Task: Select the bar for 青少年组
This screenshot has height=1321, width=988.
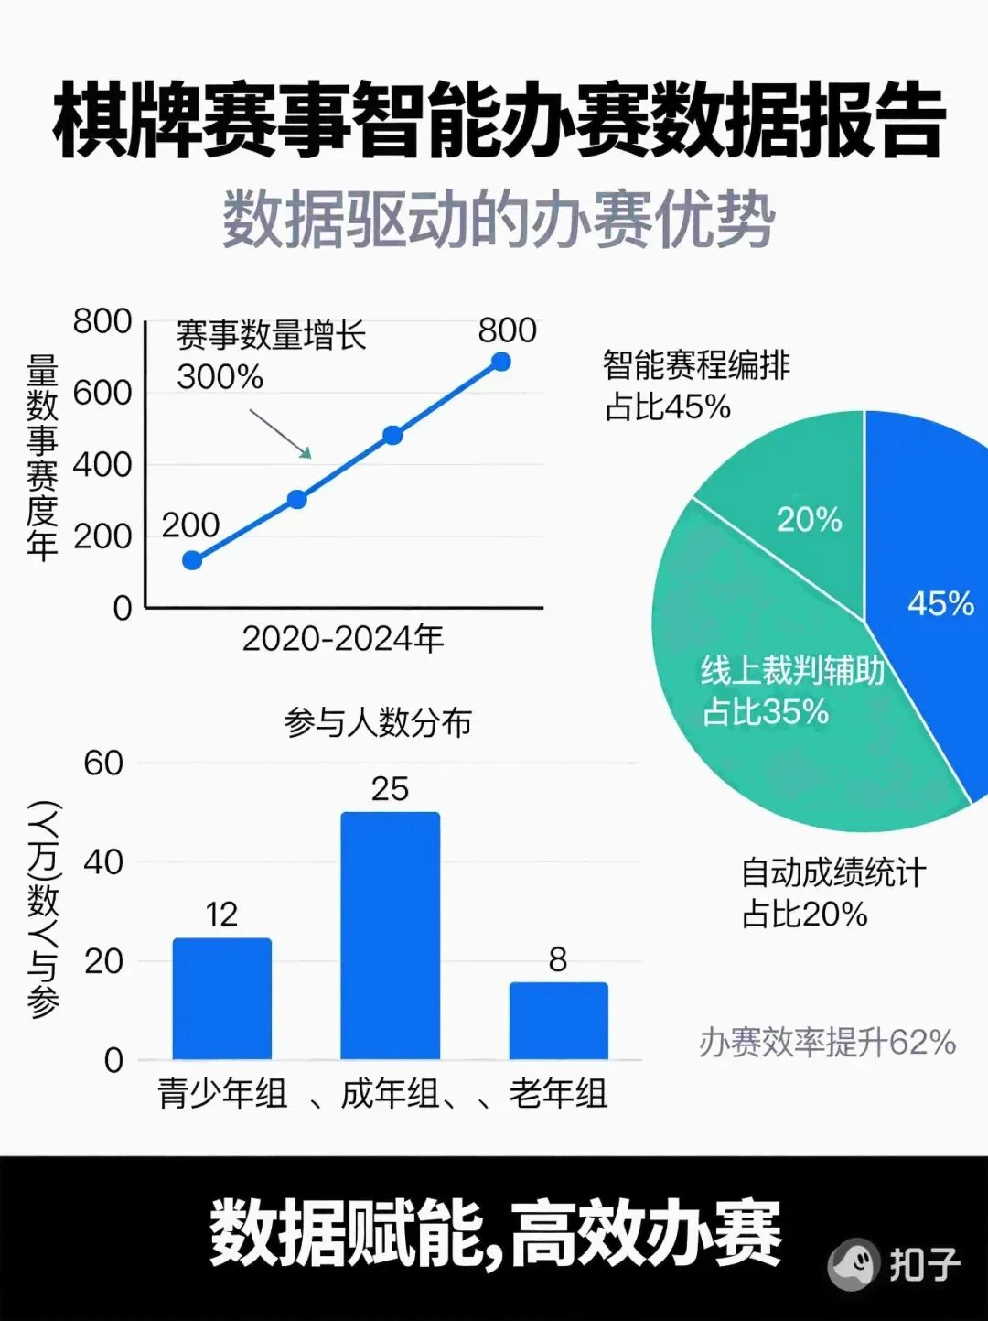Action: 222,998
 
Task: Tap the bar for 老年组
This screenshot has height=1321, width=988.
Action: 558,1020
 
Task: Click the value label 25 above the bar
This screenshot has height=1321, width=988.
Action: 390,789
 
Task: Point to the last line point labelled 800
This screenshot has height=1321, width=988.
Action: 500,362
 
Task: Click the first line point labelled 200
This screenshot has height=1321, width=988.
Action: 192,560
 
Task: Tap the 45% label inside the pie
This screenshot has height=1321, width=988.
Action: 940,603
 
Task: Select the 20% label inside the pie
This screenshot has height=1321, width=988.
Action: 809,519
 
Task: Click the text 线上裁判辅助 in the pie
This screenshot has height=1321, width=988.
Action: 792,670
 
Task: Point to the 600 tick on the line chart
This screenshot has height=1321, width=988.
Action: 102,393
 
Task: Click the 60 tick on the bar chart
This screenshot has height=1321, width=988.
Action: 102,763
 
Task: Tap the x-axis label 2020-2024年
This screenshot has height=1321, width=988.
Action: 343,638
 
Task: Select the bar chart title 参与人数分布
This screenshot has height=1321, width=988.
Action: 378,722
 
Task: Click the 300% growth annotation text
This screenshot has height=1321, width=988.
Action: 220,376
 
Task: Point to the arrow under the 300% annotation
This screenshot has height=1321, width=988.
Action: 281,433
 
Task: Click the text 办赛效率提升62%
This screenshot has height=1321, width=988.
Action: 827,1042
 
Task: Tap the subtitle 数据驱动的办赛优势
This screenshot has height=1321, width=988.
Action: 499,220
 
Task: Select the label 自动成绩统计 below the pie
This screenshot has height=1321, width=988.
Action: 832,872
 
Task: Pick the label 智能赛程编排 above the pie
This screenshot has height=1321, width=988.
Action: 696,365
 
